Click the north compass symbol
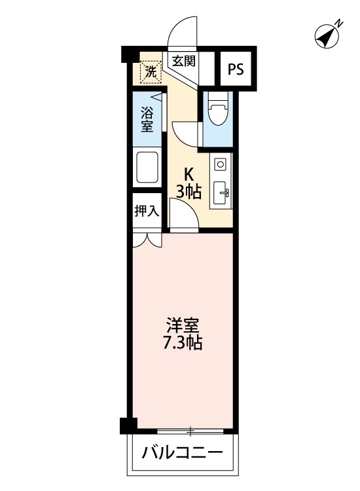click(x=327, y=36)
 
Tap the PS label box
click(x=236, y=69)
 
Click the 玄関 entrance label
click(x=184, y=62)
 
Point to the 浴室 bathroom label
click(x=147, y=118)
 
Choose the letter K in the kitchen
click(x=189, y=175)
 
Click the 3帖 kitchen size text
click(x=189, y=192)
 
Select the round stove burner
click(x=221, y=163)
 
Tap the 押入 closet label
click(x=147, y=211)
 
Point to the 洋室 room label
click(x=183, y=325)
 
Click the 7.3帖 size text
click(x=183, y=342)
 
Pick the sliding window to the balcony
click(x=190, y=431)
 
